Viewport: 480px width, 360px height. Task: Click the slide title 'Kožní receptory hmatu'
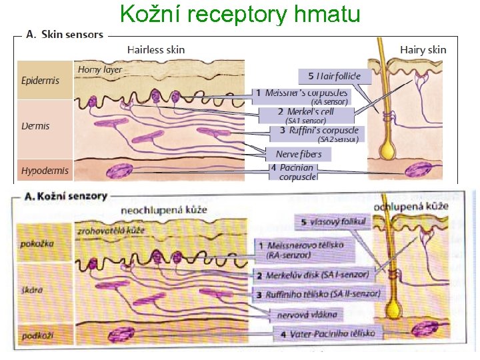tap(240, 13)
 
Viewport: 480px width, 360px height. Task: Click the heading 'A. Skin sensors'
tap(64, 34)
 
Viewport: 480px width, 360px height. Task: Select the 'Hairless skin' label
tap(156, 49)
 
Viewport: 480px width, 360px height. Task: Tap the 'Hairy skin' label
tap(423, 49)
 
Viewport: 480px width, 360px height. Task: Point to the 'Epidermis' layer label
tap(41, 80)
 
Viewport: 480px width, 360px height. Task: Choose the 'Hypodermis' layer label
tap(45, 171)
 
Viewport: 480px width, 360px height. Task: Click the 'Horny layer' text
tap(100, 69)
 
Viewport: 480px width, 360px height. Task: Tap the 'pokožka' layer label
tap(37, 243)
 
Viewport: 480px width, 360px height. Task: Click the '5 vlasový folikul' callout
tap(331, 221)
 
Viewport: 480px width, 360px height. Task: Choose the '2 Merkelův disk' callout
tap(315, 274)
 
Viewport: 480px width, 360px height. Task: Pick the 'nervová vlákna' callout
tap(307, 313)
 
